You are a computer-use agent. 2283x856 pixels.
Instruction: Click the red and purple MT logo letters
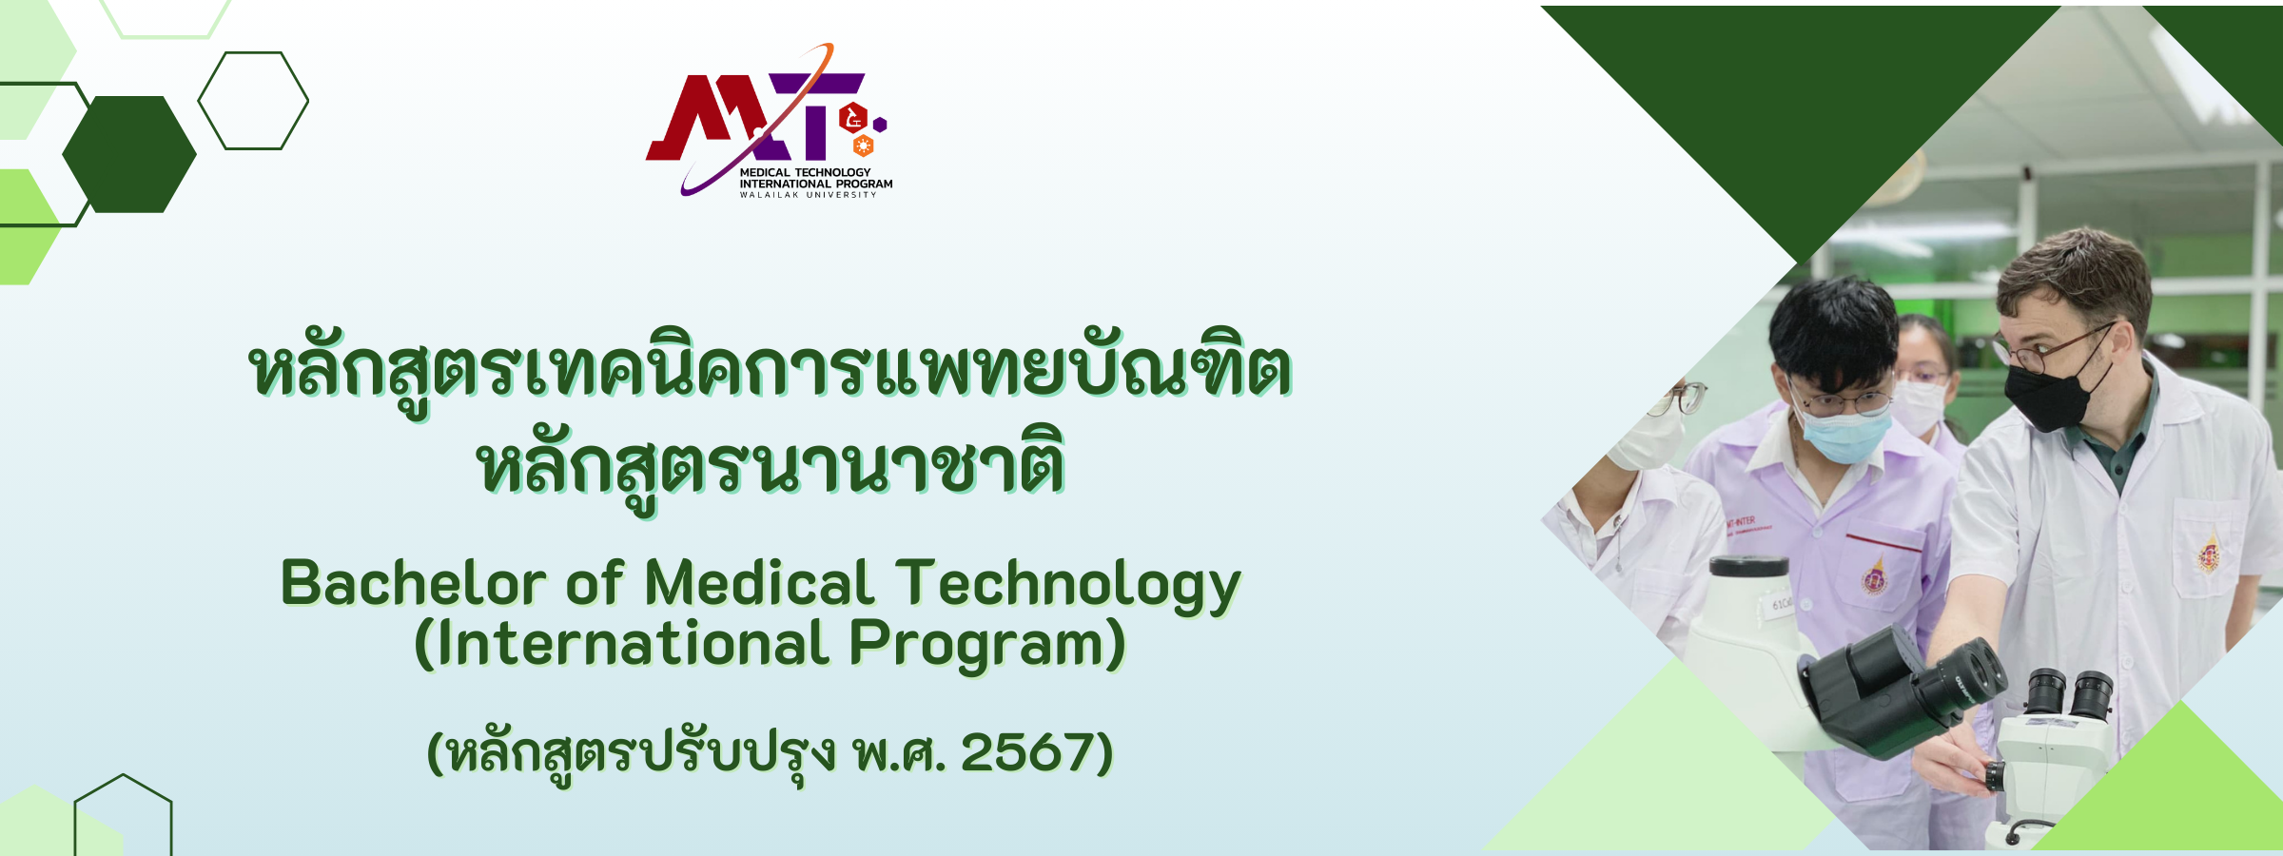click(x=756, y=117)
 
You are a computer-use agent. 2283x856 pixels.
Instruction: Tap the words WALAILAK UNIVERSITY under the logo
click(x=809, y=195)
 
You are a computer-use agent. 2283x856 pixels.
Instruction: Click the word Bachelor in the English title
click(x=413, y=583)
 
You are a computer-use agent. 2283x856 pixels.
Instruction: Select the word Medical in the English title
click(x=759, y=583)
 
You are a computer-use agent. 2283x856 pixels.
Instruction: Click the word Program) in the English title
click(x=987, y=645)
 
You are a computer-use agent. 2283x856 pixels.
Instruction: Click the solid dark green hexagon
click(x=129, y=154)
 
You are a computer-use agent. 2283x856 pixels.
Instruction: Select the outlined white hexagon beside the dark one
click(x=253, y=101)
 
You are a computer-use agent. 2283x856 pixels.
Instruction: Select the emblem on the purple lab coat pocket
click(x=1874, y=576)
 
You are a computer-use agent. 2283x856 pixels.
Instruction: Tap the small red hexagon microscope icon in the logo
click(x=853, y=118)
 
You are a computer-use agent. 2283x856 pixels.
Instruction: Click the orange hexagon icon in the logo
click(x=864, y=146)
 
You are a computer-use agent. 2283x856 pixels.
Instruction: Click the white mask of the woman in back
click(x=1918, y=405)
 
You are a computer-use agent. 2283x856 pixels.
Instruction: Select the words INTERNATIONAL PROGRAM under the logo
click(x=816, y=184)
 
